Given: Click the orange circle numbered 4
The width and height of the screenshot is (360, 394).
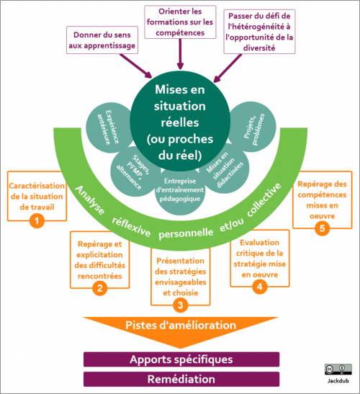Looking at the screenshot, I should tap(260, 286).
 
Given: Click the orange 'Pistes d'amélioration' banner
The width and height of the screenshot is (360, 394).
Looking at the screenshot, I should tap(180, 326).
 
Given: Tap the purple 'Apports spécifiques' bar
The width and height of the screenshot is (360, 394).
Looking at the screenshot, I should tap(181, 359).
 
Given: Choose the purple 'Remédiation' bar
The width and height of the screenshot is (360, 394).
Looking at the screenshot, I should tap(181, 378).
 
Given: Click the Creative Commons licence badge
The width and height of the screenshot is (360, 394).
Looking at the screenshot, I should tap(333, 368).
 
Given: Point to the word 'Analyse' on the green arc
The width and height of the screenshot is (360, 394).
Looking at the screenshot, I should tap(89, 202).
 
